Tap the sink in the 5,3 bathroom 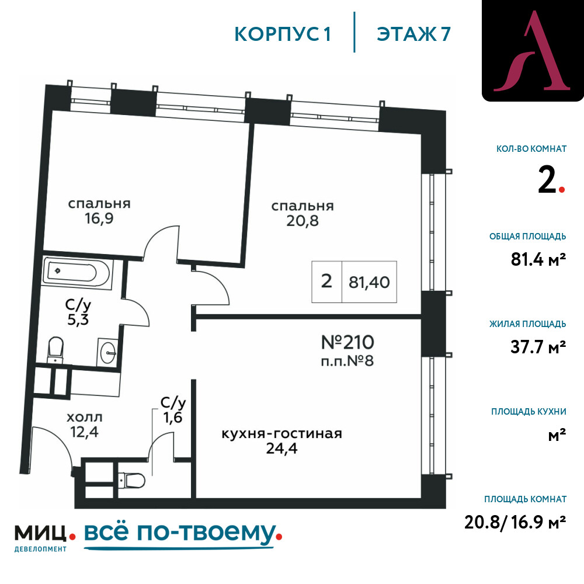108,351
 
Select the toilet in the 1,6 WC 131,481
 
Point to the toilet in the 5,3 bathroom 55,349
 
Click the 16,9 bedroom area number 99,218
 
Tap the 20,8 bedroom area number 303,221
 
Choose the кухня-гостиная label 282,434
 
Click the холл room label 85,418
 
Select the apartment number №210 347,342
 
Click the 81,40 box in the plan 369,282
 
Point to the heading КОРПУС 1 283,34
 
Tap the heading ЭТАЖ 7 414,34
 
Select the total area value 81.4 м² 538,259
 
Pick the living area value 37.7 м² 538,347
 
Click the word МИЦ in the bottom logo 41,533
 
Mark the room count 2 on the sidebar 547,180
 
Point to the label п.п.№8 347,361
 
